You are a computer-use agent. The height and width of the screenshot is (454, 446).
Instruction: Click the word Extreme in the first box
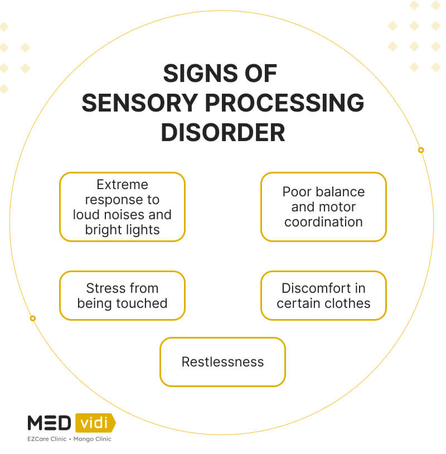click(122, 185)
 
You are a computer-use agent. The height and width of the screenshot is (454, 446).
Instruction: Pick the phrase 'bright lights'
click(122, 229)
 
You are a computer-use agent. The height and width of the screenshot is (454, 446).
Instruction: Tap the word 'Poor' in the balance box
click(296, 192)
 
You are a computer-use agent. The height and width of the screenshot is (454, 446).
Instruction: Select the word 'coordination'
click(323, 221)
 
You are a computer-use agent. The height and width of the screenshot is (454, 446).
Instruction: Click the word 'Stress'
click(104, 288)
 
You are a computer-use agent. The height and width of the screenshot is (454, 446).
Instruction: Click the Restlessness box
click(222, 362)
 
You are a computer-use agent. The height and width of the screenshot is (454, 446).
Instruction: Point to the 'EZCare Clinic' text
click(47, 439)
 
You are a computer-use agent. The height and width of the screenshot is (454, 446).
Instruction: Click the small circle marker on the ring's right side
click(421, 150)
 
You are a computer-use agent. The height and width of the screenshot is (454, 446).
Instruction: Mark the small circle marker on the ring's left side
click(33, 318)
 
